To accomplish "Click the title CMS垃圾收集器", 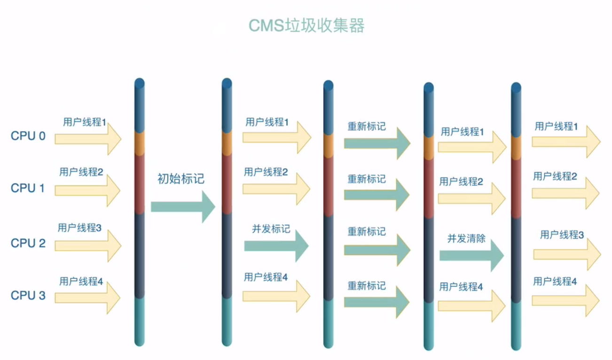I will pos(306,25).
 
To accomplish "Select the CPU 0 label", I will pos(28,136).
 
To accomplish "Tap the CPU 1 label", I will pos(28,188).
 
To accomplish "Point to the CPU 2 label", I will pos(28,243).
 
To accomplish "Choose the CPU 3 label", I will pos(28,296).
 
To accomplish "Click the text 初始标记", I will pos(181,179).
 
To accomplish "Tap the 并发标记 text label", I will pos(271,229).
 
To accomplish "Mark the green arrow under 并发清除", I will pos(471,256).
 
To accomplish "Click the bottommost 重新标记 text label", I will pos(367,285).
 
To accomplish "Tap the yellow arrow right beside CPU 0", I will pos(88,139).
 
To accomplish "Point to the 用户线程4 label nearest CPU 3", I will pos(81,282).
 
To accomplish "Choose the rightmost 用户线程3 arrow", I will pos(567,254).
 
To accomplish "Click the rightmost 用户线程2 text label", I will pos(555,176).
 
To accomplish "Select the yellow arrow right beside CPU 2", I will pos(88,245).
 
